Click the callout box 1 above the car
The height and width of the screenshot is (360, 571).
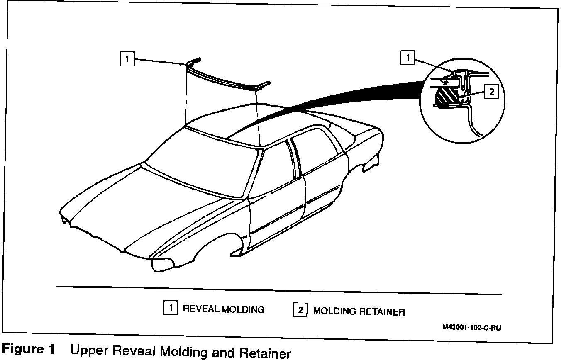tap(127, 59)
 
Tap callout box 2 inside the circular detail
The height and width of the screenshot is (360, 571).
tap(491, 92)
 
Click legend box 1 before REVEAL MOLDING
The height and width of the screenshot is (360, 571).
tap(171, 308)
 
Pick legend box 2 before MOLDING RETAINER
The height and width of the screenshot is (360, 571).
tap(300, 310)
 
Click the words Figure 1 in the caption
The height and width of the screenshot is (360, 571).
tap(29, 349)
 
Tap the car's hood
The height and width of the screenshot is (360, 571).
tap(137, 207)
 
